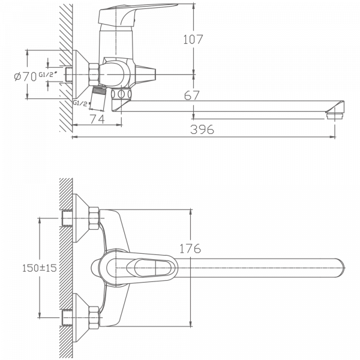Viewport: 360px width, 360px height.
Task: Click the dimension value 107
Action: pos(194,40)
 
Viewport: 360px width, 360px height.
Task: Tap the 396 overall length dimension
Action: pos(203,130)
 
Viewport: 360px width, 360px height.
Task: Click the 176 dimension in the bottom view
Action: pos(190,248)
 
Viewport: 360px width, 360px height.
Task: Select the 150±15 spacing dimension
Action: pos(38,268)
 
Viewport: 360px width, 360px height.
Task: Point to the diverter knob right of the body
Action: pos(147,74)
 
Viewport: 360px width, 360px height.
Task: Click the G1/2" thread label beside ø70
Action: pos(46,74)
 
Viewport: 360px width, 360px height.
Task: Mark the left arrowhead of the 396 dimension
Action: pos(74,137)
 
